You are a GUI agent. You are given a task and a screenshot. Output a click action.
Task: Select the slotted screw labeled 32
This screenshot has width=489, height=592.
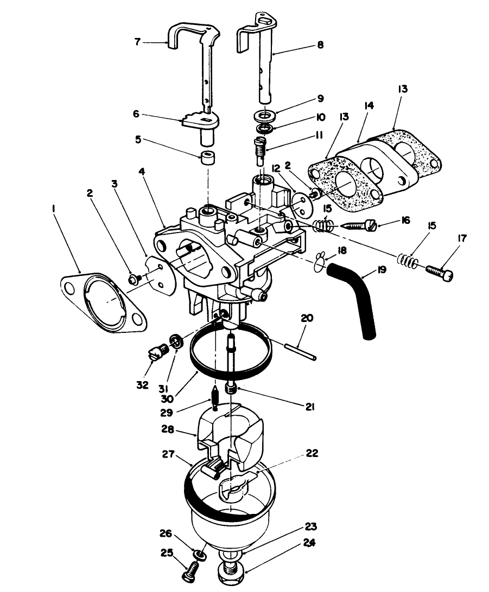point(157,355)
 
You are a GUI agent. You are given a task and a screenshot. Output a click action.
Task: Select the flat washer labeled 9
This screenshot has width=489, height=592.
point(264,116)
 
